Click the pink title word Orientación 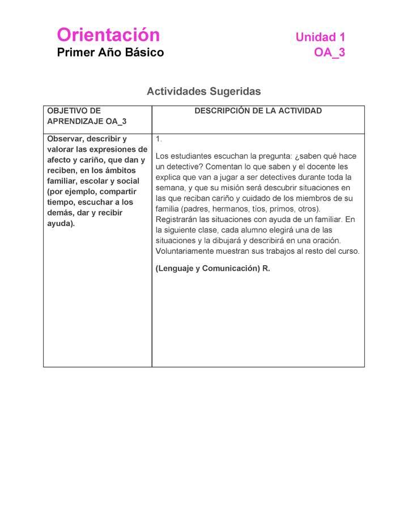(108, 35)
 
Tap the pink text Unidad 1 (320, 37)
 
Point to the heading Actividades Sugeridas (203, 91)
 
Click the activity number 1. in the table (159, 139)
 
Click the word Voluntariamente (186, 251)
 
